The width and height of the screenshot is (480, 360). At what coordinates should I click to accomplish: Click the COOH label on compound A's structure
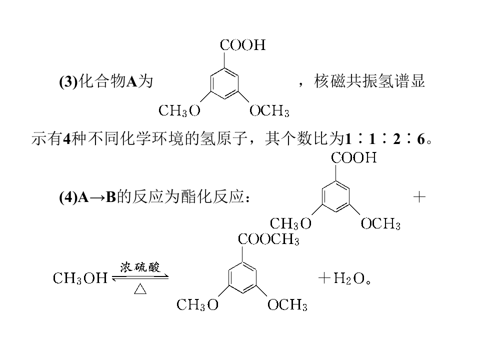(x=243, y=45)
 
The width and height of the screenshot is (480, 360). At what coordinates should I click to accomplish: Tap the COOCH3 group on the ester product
(x=268, y=239)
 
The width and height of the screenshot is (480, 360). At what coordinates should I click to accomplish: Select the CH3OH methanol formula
(x=80, y=278)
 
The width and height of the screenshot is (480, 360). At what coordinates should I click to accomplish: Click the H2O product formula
(x=348, y=278)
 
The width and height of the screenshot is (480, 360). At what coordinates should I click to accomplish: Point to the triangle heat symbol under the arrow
(x=140, y=288)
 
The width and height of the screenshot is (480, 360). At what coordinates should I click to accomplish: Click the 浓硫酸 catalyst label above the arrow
(x=140, y=267)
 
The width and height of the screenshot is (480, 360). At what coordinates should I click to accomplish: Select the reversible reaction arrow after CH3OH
(x=140, y=277)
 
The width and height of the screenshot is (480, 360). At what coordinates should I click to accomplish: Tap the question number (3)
(x=68, y=81)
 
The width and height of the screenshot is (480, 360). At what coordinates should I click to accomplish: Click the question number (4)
(x=68, y=197)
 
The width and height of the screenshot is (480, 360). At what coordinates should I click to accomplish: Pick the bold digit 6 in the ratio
(x=421, y=139)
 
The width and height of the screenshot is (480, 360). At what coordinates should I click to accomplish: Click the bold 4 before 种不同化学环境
(x=66, y=139)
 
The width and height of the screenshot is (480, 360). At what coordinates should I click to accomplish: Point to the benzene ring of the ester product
(x=243, y=278)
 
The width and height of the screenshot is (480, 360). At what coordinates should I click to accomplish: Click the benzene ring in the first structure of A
(x=224, y=83)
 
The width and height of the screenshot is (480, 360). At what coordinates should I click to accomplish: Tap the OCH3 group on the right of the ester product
(x=287, y=305)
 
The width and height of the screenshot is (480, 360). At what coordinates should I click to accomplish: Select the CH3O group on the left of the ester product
(x=197, y=305)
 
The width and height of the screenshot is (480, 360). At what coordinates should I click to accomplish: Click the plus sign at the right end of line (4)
(x=419, y=197)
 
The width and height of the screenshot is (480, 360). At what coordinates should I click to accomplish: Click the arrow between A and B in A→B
(x=97, y=198)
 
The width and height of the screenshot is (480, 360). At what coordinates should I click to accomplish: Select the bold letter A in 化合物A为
(x=131, y=82)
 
